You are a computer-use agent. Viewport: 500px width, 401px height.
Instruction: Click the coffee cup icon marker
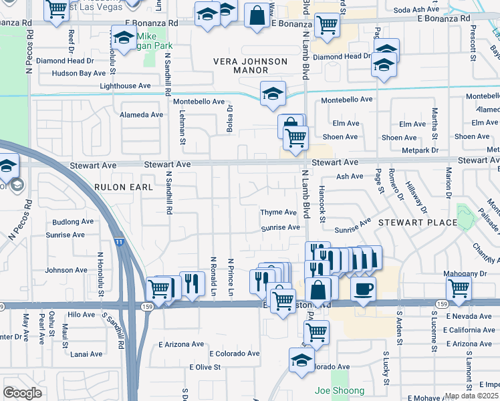pos(363,289)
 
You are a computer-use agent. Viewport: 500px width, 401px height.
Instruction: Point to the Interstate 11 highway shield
pos(118,241)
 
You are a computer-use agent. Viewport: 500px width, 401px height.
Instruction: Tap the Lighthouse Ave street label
pos(125,86)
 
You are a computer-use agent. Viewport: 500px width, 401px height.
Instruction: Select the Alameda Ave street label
pos(141,115)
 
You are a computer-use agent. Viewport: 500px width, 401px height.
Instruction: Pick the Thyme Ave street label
pos(278,213)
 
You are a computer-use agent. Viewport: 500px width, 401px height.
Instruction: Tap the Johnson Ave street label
pos(66,271)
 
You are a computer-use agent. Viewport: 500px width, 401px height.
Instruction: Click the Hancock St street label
pos(322,205)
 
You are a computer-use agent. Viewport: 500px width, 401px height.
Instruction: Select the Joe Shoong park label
pos(340,391)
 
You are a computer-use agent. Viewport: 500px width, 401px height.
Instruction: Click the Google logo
pos(22,392)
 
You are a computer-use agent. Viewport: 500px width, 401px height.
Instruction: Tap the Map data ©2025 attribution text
pos(472,396)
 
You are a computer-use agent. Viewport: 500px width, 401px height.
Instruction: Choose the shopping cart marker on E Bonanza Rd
pos(326,25)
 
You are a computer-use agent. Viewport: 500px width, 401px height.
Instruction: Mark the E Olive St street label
pos(205,368)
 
